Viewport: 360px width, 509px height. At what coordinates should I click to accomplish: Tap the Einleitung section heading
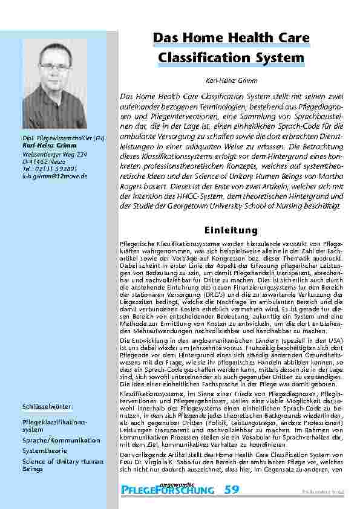coord(232,230)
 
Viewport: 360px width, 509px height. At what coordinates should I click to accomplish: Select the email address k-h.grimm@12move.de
coord(55,176)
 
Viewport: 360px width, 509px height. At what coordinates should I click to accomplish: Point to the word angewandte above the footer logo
coord(180,482)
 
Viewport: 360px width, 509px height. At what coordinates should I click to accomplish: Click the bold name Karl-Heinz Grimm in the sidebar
coord(49,147)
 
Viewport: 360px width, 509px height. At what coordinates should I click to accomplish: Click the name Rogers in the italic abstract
coord(133,187)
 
